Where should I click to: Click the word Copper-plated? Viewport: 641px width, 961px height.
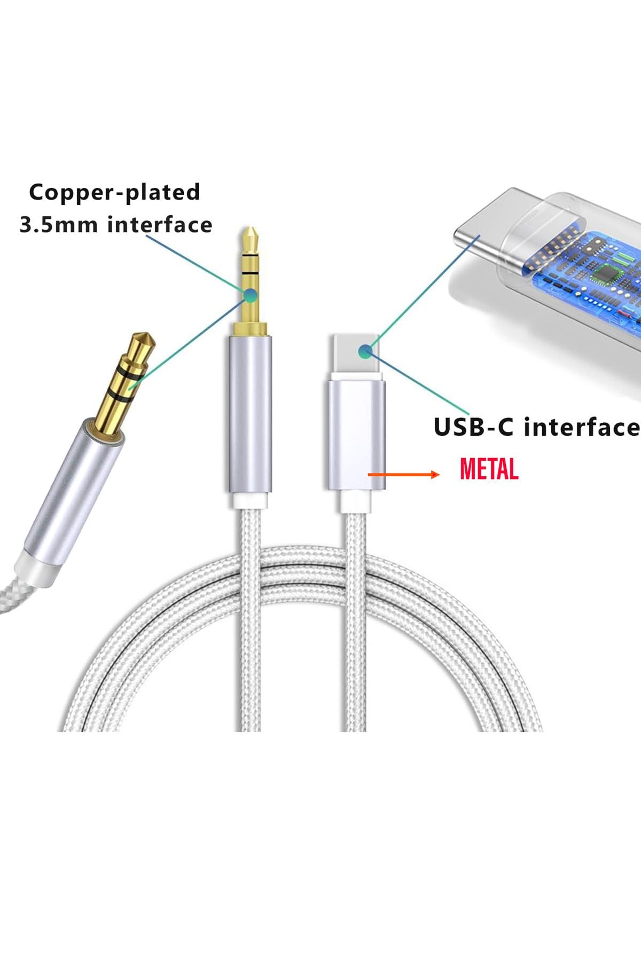[114, 192]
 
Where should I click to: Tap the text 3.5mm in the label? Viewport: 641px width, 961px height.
[58, 225]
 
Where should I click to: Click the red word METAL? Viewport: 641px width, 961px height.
[489, 470]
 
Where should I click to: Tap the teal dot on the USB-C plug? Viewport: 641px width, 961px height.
[365, 351]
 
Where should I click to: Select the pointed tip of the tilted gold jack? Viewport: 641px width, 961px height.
[143, 340]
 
